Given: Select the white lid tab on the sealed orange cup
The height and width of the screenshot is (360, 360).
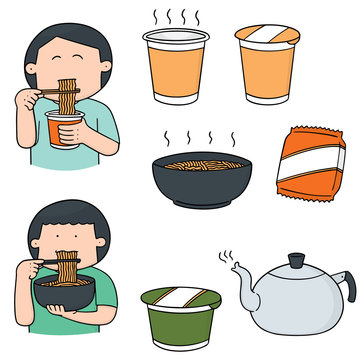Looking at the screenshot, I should pos(268,37).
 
